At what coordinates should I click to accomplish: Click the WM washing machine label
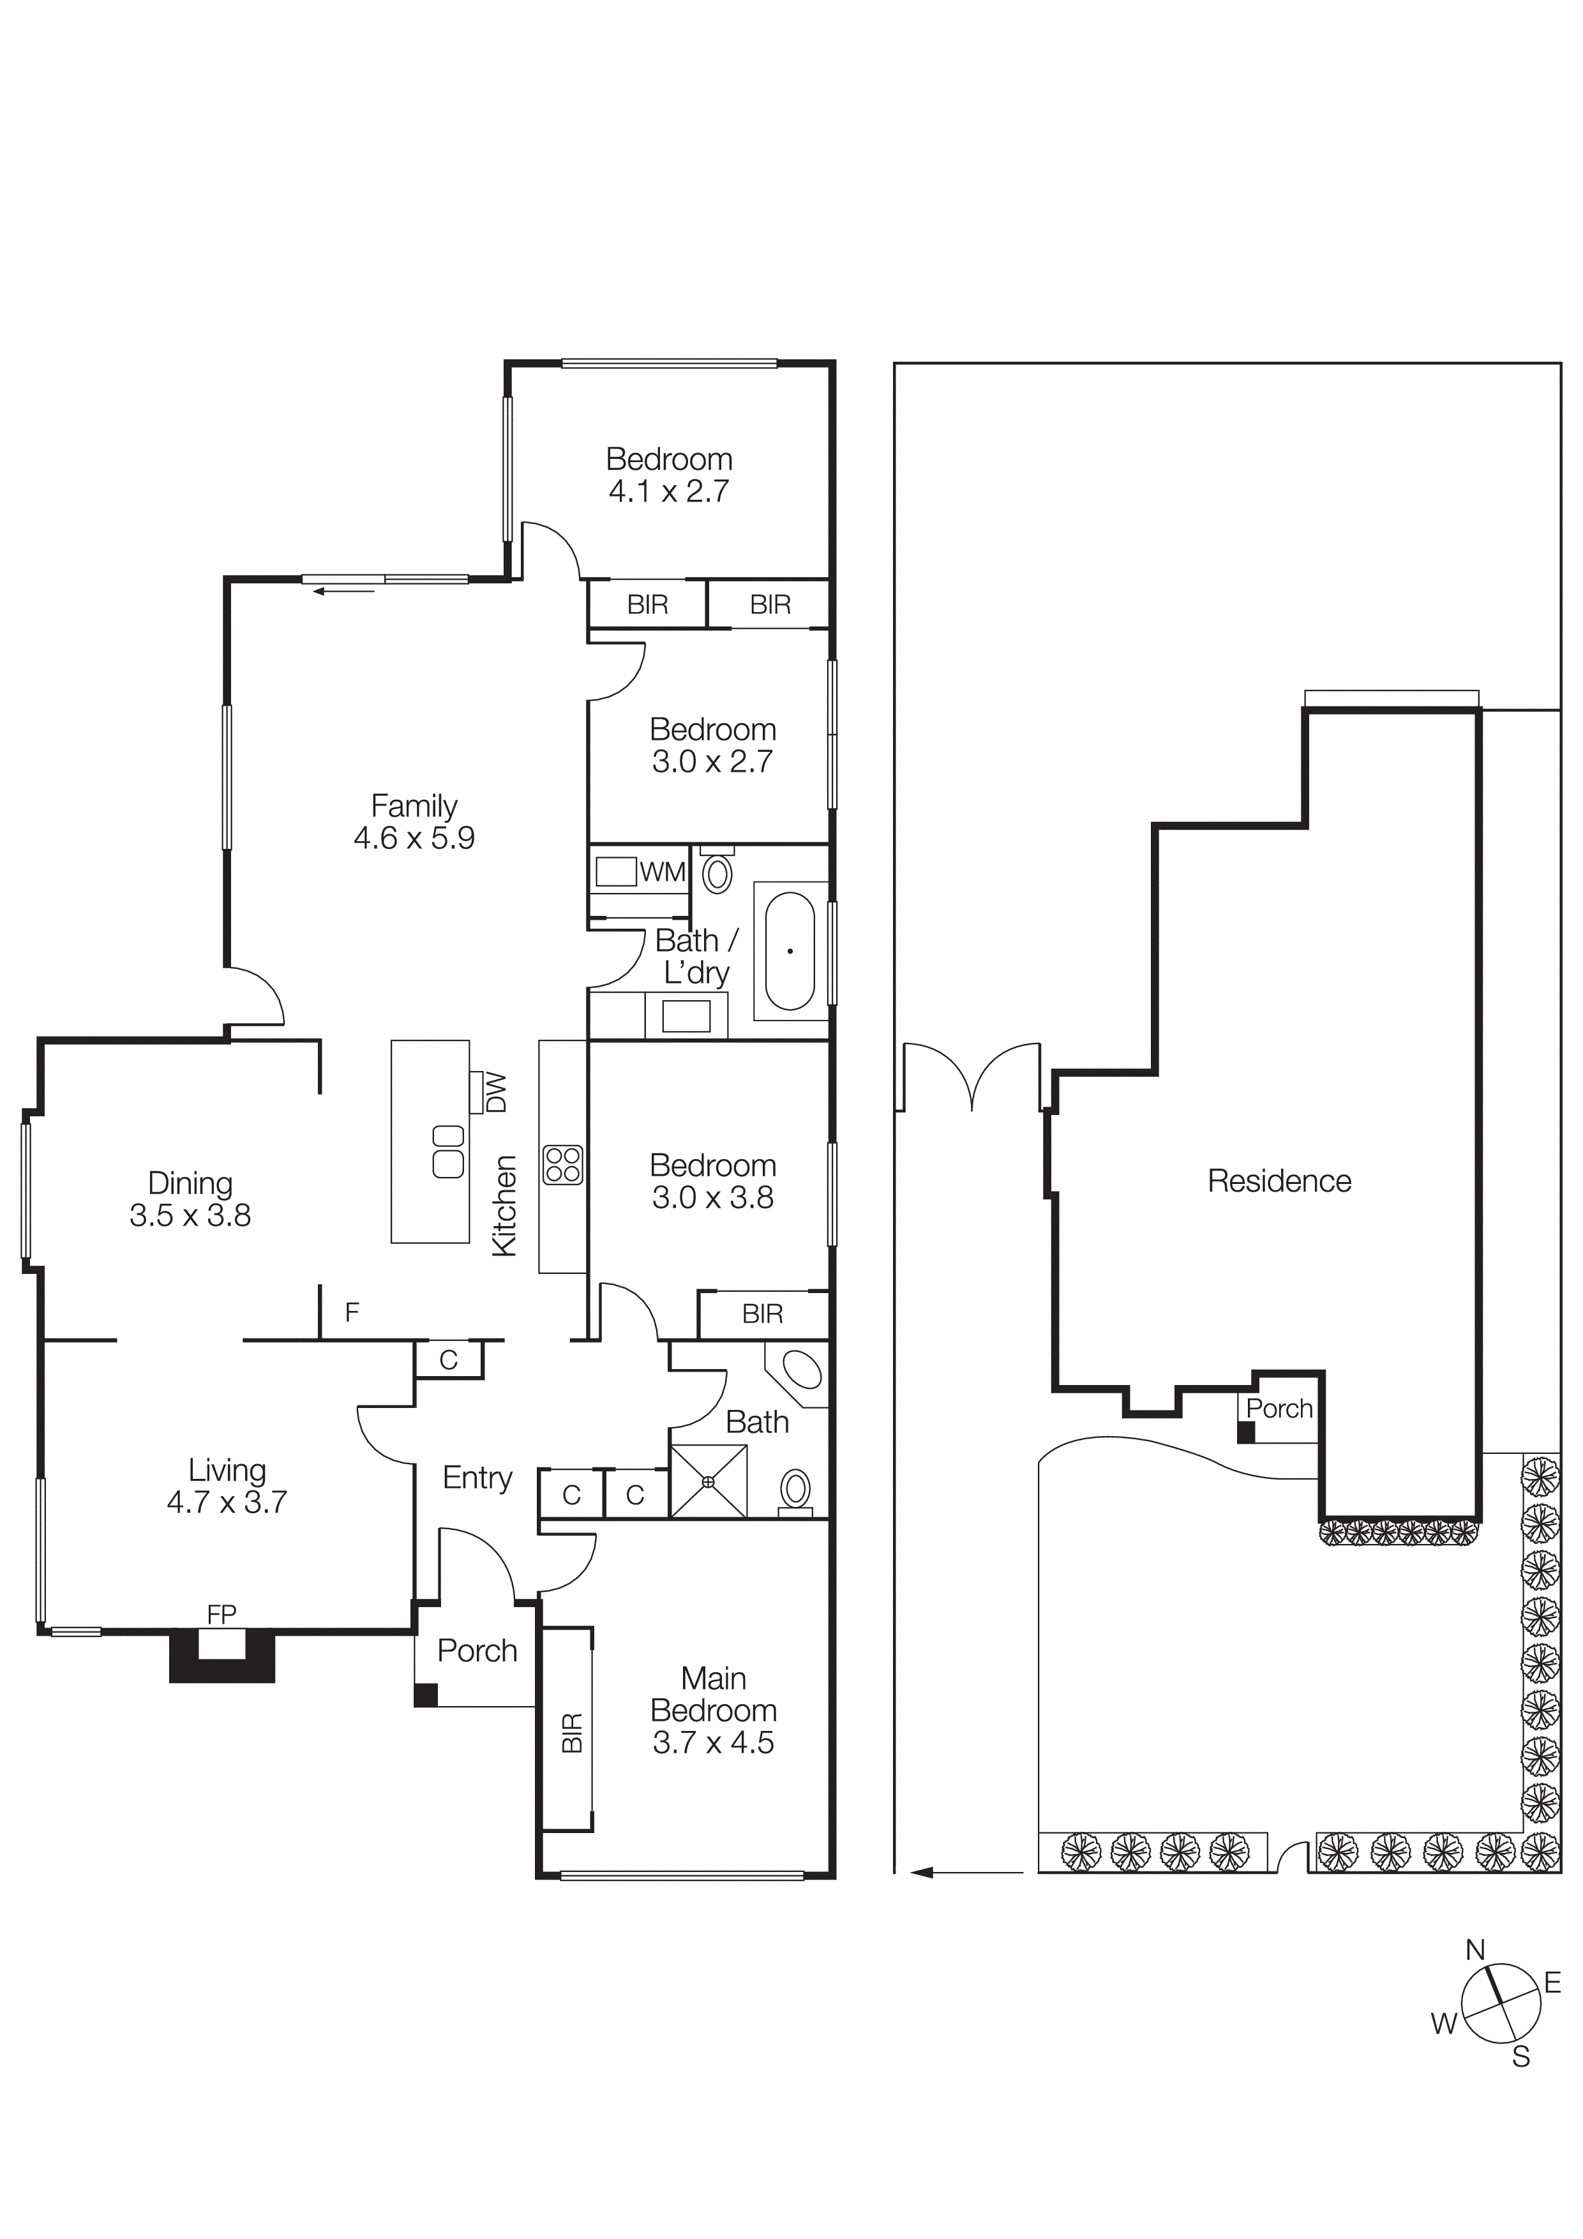click(x=663, y=872)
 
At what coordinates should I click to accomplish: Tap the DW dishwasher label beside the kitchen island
click(x=497, y=1092)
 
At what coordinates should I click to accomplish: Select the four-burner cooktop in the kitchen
click(x=563, y=1164)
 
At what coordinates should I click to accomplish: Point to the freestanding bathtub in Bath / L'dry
click(x=789, y=951)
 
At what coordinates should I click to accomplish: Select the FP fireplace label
click(x=221, y=1614)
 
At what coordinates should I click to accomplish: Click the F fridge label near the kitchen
click(x=352, y=1312)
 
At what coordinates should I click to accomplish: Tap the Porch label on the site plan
click(x=1279, y=1408)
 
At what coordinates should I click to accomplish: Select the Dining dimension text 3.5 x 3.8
click(x=190, y=1215)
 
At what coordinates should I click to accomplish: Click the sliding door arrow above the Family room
click(x=343, y=591)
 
